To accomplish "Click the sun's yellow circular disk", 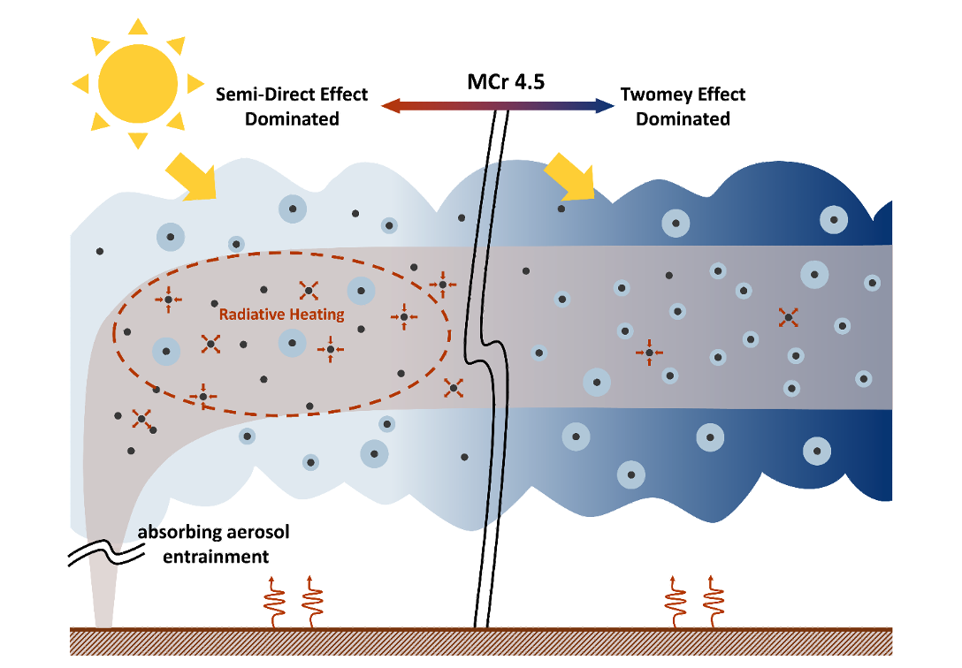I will pos(137,84).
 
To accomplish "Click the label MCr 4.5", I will pos(506,83).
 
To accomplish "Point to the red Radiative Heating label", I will pos(282,314).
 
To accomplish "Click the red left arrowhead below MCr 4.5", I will pos(390,106).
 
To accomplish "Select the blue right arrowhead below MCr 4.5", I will pos(606,106).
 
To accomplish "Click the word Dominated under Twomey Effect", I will pos(683,118).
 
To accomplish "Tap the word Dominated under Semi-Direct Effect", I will pos(292,118).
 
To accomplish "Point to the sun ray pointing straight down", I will pos(137,140).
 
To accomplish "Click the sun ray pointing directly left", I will pos(80,84).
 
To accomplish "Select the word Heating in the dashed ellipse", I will pos(317,314).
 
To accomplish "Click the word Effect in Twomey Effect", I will pos(716,95).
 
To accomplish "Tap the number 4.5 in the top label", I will pos(529,83).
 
